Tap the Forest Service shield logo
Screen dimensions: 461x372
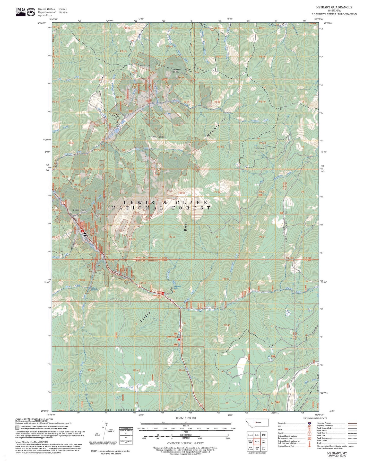pyautogui.click(x=31, y=12)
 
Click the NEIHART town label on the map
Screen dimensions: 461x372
pyautogui.click(x=80, y=210)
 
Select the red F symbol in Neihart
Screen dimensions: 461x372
pyautogui.click(x=82, y=231)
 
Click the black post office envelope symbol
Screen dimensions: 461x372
pyautogui.click(x=85, y=234)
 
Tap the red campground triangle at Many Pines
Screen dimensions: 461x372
pyautogui.click(x=179, y=340)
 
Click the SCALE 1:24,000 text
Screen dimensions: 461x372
pyautogui.click(x=186, y=418)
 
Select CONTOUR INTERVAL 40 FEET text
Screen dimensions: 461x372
pyautogui.click(x=185, y=443)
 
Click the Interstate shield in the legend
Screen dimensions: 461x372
pyautogui.click(x=309, y=423)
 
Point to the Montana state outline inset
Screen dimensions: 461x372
pyautogui.click(x=257, y=422)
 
